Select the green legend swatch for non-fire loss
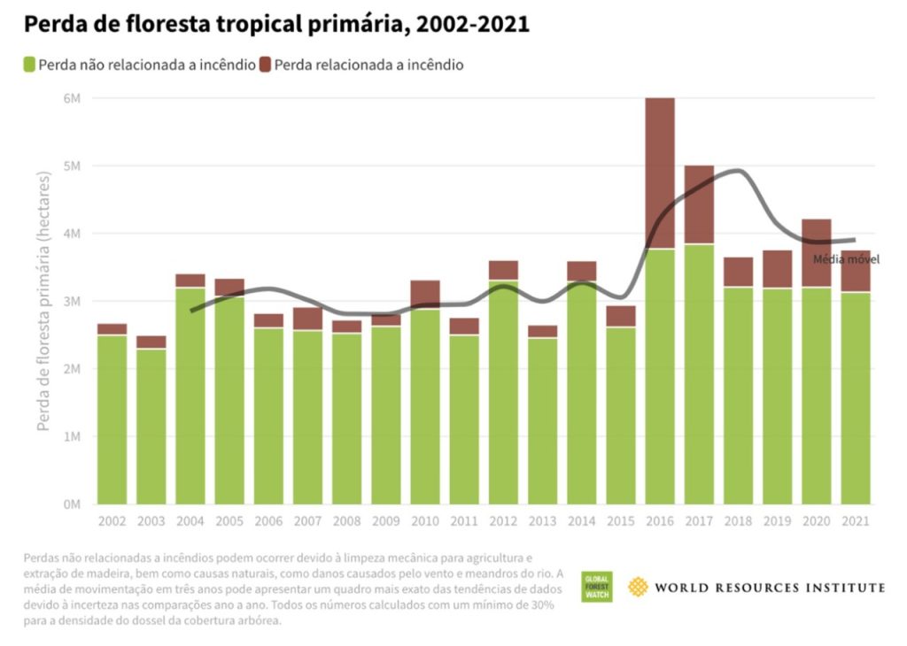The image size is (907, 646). point(29,65)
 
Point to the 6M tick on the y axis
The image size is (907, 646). point(71,98)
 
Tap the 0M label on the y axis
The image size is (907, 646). point(71,504)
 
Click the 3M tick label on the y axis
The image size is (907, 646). point(71,301)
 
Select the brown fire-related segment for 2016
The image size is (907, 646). point(660,173)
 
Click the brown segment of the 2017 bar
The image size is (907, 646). point(699,204)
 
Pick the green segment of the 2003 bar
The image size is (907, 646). point(151,425)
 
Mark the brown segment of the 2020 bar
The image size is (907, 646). point(817,252)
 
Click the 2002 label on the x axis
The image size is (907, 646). point(112,521)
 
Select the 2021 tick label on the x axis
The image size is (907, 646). point(856,521)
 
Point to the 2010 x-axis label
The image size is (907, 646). point(425,521)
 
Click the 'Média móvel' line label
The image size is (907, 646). point(846,259)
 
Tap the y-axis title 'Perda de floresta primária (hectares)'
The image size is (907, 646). point(43,301)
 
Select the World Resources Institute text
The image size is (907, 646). point(770,588)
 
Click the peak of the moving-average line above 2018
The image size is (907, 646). point(738,171)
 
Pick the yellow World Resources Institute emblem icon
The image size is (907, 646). point(639,587)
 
